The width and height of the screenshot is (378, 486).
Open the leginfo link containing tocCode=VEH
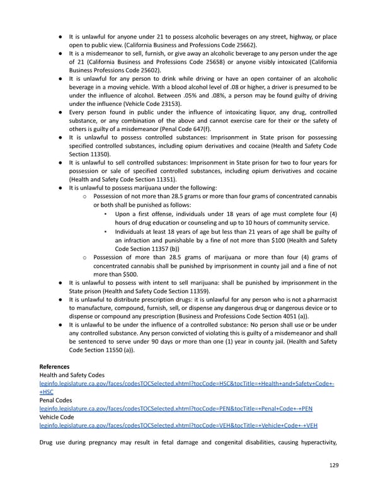pos(178,425)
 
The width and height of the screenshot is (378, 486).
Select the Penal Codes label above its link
pos(55,400)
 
